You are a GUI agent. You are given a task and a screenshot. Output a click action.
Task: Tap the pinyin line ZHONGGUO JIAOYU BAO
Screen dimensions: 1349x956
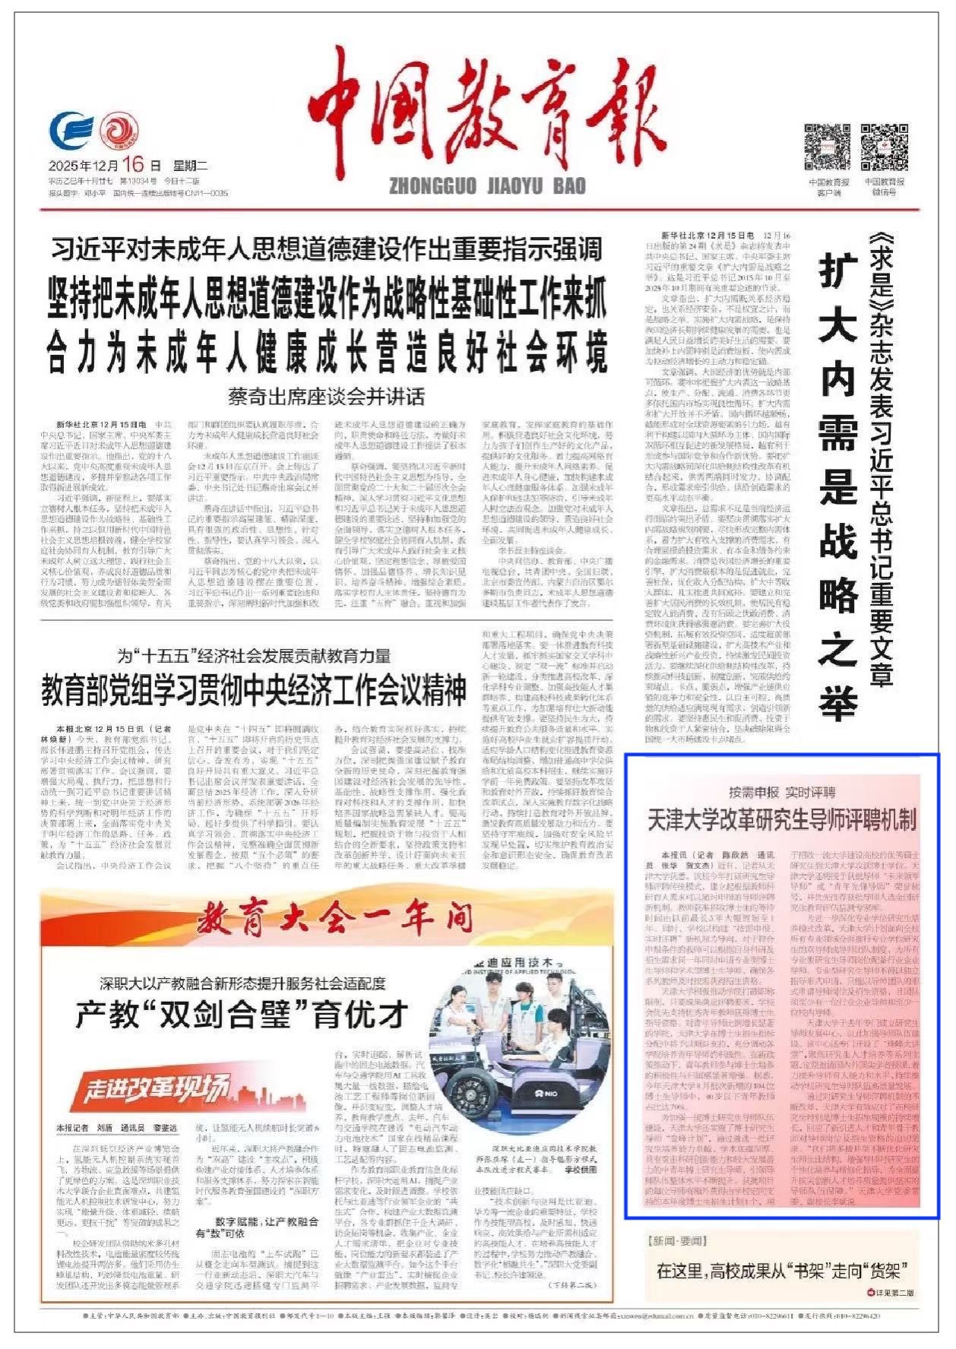tap(487, 185)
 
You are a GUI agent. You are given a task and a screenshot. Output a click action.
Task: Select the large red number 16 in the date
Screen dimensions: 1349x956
tap(131, 164)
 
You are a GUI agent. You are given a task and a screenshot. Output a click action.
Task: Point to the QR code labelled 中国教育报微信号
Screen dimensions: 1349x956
tap(884, 147)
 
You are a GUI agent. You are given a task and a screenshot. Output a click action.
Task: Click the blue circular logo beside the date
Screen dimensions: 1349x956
tap(71, 132)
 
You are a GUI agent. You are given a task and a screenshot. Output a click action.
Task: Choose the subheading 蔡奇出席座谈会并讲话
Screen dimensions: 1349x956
tap(326, 396)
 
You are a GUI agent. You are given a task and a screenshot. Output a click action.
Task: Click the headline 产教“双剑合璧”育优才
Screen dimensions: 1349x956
tap(242, 1015)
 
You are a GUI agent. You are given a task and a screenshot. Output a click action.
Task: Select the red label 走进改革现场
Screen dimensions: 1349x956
tap(156, 1090)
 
